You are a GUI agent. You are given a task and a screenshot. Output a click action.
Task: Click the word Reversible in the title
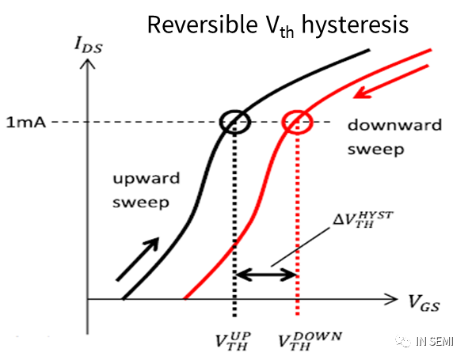[x=203, y=25]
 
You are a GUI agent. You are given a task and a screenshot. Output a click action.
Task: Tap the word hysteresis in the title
[x=356, y=25]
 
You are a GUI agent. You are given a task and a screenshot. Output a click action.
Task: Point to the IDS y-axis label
[x=89, y=46]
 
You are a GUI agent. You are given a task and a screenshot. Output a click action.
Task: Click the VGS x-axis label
[x=424, y=302]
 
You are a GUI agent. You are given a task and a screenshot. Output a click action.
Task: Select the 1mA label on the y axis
[x=26, y=123]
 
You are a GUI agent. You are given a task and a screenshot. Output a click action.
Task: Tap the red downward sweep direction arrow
[x=391, y=81]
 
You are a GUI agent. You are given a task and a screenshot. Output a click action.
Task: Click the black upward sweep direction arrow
[x=137, y=259]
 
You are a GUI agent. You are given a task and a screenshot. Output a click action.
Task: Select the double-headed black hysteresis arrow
[x=266, y=275]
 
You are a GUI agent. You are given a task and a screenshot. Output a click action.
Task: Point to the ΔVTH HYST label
[x=363, y=219]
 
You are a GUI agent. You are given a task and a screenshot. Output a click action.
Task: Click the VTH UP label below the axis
[x=233, y=341]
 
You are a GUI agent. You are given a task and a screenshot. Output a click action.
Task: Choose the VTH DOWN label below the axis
[x=310, y=341]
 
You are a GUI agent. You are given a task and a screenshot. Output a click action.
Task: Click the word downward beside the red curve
[x=394, y=125]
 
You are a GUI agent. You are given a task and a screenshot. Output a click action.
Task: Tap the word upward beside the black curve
[x=146, y=178]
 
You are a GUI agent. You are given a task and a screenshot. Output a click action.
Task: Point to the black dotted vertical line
[x=234, y=219]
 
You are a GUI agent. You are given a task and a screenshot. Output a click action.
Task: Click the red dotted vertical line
[x=297, y=219]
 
